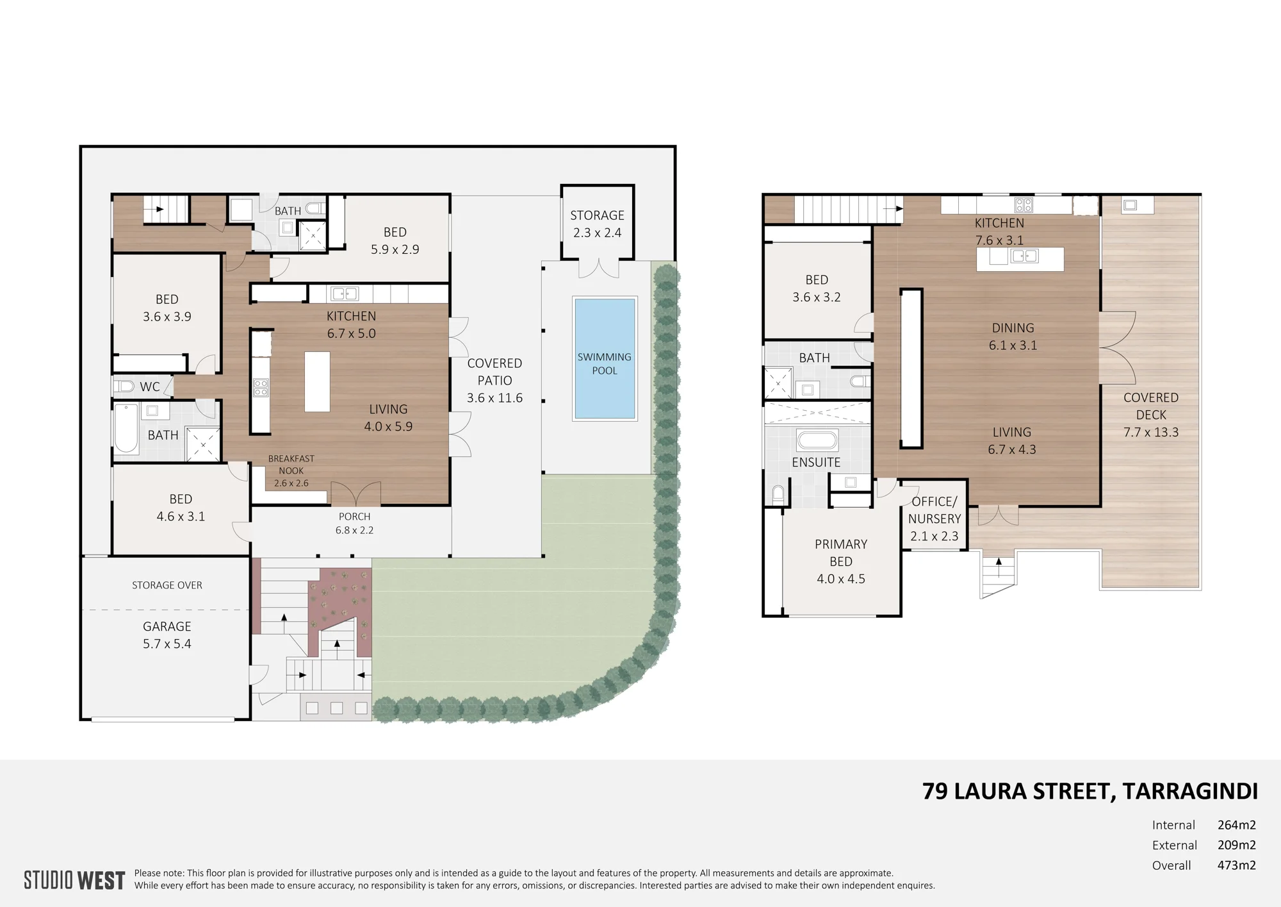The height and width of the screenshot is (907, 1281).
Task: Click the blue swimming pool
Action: (x=605, y=358)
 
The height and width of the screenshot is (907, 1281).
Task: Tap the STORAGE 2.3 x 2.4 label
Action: (x=597, y=224)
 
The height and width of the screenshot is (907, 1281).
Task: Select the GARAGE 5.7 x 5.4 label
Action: (x=167, y=635)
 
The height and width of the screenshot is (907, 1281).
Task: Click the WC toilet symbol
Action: (x=124, y=387)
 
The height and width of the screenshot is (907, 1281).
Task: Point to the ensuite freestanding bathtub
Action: (x=817, y=440)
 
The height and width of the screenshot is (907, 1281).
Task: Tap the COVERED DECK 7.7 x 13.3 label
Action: (x=1151, y=415)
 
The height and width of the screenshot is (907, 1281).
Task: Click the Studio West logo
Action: (x=74, y=880)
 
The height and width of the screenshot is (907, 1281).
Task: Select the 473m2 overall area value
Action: (x=1236, y=865)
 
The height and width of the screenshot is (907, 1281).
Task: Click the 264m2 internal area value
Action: (x=1236, y=825)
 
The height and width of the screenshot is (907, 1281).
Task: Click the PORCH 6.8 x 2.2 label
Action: (x=354, y=523)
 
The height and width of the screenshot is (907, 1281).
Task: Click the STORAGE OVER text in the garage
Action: (x=167, y=585)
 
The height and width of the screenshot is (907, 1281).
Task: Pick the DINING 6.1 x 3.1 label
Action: (x=1013, y=337)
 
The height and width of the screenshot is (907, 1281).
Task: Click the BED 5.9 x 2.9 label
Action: (x=395, y=240)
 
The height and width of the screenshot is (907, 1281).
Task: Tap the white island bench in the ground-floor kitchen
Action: (x=317, y=381)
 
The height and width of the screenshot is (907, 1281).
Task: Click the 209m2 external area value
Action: (x=1236, y=845)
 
